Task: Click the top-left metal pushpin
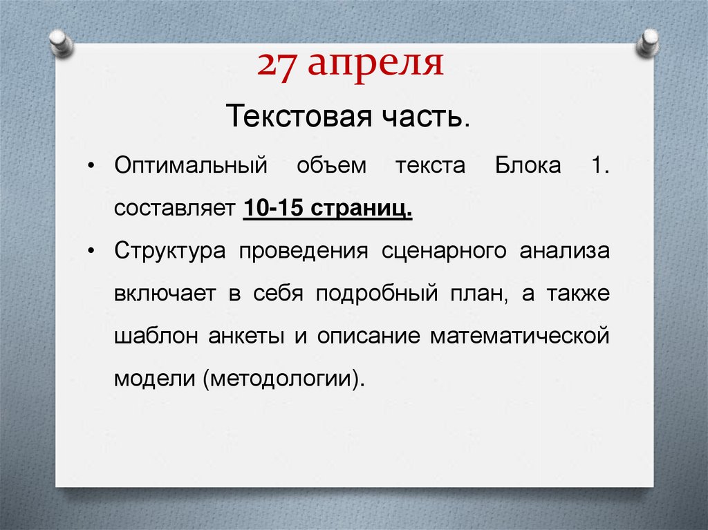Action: click(61, 44)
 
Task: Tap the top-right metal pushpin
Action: click(649, 43)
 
